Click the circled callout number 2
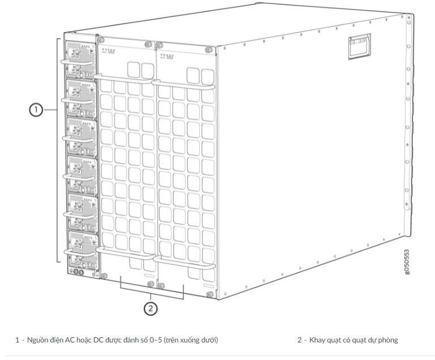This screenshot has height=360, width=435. point(150,308)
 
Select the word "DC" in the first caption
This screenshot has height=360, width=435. point(100,340)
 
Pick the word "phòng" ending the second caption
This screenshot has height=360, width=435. point(387,340)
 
